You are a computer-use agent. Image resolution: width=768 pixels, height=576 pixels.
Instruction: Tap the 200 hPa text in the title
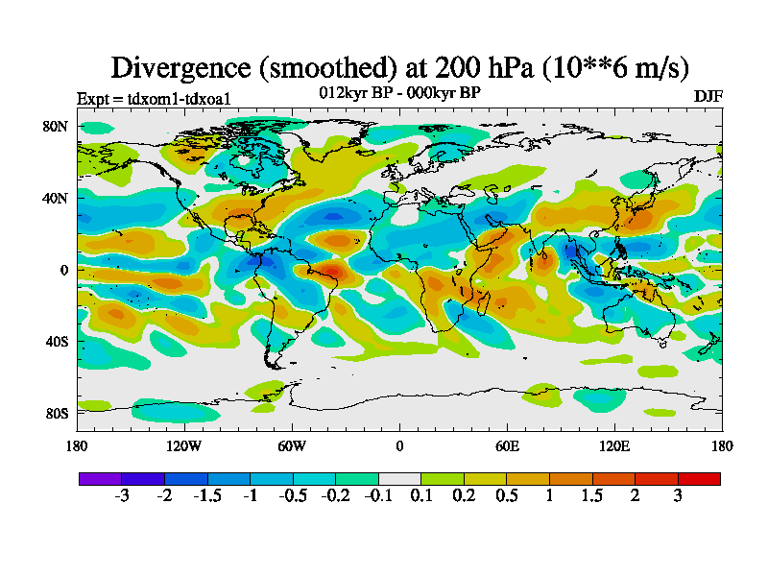[x=467, y=67]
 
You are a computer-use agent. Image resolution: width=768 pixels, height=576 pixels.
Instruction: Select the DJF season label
[x=708, y=97]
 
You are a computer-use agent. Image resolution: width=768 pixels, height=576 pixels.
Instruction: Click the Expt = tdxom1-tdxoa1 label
[x=153, y=98]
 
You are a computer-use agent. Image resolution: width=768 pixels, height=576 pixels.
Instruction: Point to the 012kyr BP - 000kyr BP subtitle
[x=399, y=92]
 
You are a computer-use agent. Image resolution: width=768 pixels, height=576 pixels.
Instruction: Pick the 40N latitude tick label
[x=55, y=198]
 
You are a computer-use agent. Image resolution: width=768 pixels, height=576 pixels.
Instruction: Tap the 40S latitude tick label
[x=55, y=341]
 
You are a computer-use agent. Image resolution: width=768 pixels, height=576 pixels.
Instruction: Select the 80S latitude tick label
[x=55, y=413]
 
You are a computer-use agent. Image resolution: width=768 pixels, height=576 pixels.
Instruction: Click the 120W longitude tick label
[x=184, y=445]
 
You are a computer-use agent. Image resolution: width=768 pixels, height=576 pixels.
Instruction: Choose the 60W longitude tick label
[x=292, y=445]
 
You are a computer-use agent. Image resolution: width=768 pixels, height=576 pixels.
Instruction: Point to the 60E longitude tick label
[x=507, y=445]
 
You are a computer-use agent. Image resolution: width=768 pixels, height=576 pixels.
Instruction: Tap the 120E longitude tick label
[x=614, y=445]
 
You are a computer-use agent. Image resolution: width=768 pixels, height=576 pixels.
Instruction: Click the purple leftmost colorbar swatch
[x=100, y=478]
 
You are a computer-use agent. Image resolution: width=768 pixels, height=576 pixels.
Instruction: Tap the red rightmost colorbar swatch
[x=699, y=478]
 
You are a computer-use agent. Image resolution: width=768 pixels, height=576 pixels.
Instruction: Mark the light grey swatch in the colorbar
[x=399, y=478]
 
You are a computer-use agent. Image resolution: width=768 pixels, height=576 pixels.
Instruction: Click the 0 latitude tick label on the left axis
[x=63, y=270]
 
